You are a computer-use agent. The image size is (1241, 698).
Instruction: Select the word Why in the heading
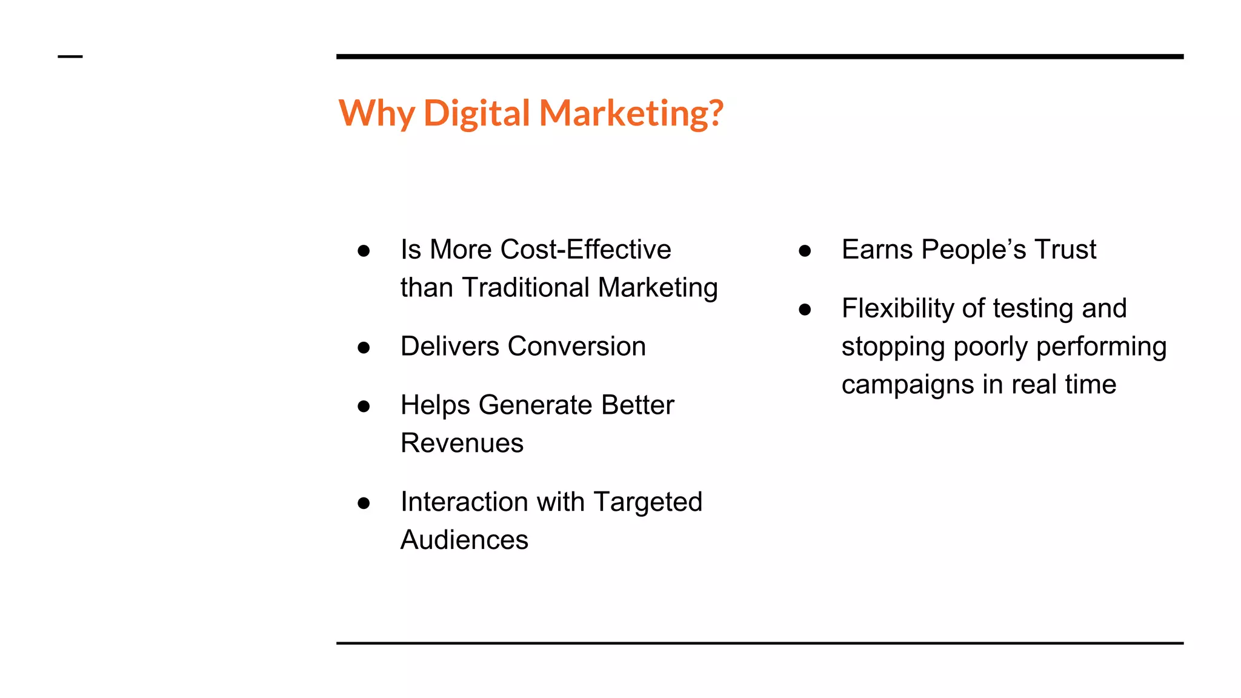(x=376, y=113)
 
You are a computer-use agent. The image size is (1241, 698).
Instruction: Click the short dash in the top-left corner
(x=70, y=57)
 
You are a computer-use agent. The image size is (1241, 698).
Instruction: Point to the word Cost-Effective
(x=586, y=250)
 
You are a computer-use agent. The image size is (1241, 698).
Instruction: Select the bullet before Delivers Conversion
(x=364, y=347)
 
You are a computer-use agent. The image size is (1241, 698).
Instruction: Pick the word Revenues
(x=462, y=444)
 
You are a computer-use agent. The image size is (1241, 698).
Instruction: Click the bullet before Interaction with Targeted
(x=364, y=503)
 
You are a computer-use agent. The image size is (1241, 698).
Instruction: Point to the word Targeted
(x=648, y=502)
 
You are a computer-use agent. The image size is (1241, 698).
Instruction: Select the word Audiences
(x=464, y=540)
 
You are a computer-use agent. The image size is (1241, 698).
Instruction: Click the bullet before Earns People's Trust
(x=805, y=251)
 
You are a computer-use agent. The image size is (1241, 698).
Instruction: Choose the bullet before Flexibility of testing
(x=805, y=310)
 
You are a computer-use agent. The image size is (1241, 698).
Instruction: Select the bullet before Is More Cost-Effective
(x=364, y=251)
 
